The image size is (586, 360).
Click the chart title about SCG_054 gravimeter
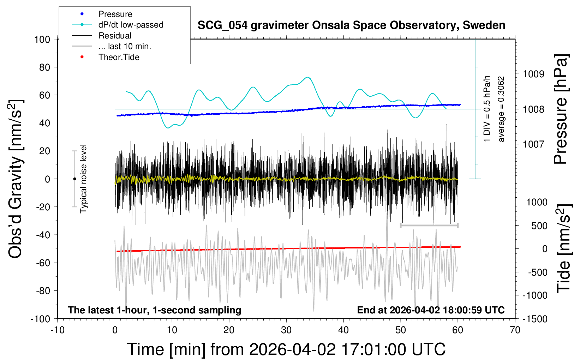click(351, 25)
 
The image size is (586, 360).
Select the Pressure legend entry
click(115, 14)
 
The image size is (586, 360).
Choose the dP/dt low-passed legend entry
click(131, 25)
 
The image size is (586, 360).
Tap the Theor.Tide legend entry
click(119, 57)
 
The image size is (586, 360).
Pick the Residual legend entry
click(115, 36)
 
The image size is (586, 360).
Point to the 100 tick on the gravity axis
click(42, 39)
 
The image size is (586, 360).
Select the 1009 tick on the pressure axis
click(533, 74)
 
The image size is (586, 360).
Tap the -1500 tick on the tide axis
click(535, 319)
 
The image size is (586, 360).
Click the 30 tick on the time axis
click(286, 330)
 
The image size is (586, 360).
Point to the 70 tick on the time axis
click(515, 330)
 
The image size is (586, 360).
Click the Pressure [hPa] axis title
click(561, 109)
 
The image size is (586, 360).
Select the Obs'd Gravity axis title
click(16, 179)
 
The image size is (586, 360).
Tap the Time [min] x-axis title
click(286, 349)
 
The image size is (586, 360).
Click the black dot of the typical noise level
click(75, 179)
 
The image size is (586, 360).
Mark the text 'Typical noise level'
click(83, 179)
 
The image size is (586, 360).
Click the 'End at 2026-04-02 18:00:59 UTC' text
click(431, 310)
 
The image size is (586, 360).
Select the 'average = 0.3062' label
click(501, 109)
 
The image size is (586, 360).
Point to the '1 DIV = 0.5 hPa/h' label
click(487, 109)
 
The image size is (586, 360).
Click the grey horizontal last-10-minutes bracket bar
click(429, 225)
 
